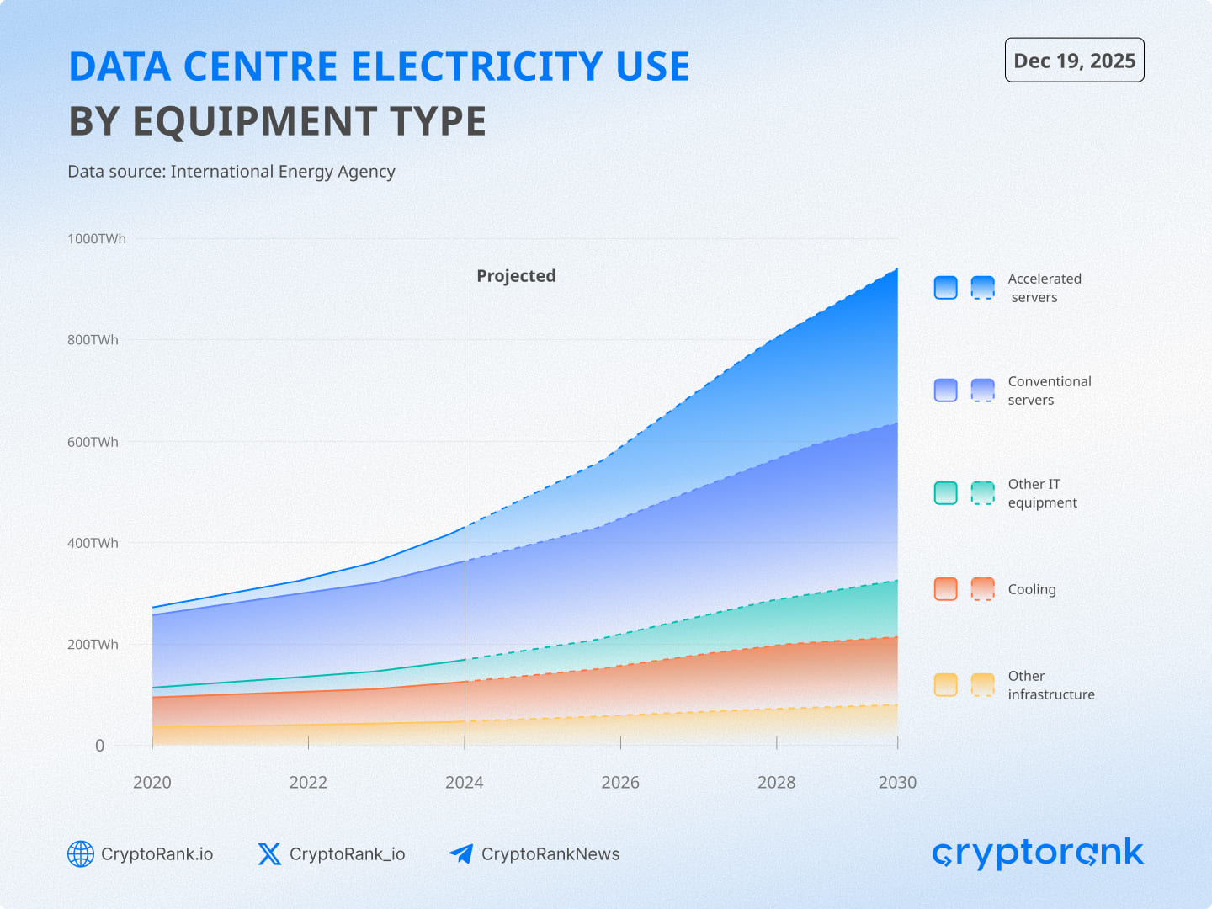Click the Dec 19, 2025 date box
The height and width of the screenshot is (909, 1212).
point(1074,61)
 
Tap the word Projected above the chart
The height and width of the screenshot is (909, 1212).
point(516,276)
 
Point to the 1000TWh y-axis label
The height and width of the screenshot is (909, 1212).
point(97,239)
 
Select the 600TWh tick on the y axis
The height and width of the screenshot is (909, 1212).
point(93,442)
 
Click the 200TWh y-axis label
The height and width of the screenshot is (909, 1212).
point(93,645)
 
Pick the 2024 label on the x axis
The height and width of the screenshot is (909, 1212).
point(465,783)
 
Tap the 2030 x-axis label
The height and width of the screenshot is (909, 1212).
point(897,783)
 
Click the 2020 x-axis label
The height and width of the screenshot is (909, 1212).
point(152,783)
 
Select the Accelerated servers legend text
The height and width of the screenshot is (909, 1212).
point(1045,288)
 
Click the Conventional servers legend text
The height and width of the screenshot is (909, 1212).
point(1049,391)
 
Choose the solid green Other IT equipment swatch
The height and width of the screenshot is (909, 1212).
point(946,493)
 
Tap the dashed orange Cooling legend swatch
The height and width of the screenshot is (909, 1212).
point(982,589)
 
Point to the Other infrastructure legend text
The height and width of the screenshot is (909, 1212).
point(1050,685)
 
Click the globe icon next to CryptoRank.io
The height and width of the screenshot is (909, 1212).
point(81,854)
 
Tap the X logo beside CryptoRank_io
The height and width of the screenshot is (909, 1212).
point(269,854)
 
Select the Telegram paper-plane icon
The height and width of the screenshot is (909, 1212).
point(461,854)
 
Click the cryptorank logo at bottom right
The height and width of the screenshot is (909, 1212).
point(1038,853)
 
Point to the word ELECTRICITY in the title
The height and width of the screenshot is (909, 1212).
point(476,66)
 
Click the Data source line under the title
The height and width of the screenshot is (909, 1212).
point(231,172)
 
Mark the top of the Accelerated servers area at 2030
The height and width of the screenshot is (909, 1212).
point(897,269)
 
